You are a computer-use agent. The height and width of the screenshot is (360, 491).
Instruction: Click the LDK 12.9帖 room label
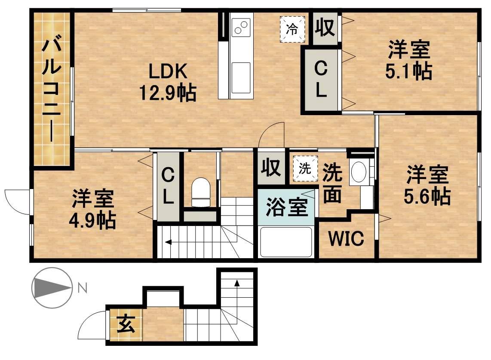[168, 82]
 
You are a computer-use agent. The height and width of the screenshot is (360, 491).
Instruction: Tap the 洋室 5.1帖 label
[408, 60]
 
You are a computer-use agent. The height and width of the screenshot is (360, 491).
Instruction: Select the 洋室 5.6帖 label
[427, 185]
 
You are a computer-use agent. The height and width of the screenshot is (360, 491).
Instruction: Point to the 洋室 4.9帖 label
[92, 209]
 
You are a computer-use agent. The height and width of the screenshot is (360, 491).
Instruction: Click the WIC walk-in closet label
[346, 239]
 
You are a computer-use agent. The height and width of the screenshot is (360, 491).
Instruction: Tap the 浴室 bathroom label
[287, 207]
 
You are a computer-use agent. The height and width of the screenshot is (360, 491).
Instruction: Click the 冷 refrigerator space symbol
[292, 29]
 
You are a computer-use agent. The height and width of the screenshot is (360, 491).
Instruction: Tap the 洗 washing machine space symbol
[305, 169]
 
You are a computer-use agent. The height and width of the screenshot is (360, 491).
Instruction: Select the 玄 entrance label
[126, 324]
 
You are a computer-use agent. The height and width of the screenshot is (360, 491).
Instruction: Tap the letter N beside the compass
[83, 288]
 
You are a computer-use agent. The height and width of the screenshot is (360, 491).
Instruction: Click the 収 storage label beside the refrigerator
[325, 27]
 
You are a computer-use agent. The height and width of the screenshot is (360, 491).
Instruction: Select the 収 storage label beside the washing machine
[271, 168]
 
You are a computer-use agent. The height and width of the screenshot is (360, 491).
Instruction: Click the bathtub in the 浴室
[286, 242]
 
